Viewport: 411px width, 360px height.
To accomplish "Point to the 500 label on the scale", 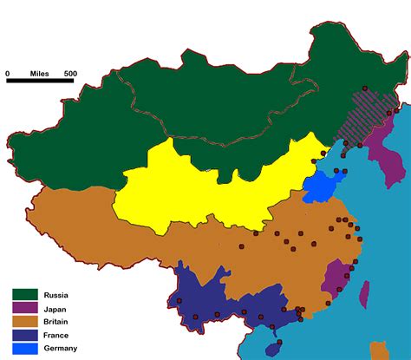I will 69,73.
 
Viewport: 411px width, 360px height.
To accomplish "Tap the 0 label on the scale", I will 9,73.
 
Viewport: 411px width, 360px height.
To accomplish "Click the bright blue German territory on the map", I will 319,185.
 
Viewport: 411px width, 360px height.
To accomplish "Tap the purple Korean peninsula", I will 382,160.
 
